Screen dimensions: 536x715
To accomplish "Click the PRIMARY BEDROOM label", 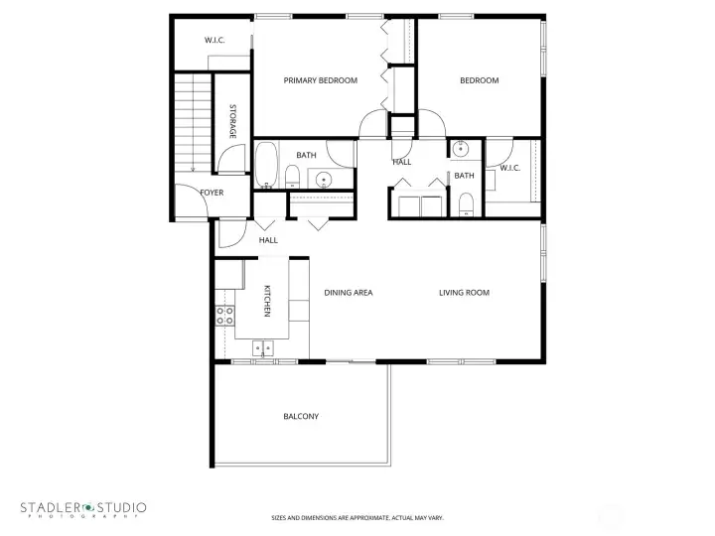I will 320,80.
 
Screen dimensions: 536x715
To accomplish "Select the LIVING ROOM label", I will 465,292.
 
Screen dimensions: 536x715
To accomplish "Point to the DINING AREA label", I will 349,292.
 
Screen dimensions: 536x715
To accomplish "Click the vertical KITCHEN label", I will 266,301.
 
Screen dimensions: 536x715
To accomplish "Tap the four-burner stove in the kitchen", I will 225,316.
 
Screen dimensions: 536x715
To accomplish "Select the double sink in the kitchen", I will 264,347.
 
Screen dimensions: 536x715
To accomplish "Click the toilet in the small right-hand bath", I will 467,204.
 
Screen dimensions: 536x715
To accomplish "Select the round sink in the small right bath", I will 461,151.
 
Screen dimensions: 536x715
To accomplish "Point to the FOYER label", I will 212,193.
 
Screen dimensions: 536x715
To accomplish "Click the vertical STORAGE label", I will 232,120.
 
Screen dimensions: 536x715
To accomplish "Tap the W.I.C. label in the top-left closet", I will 214,40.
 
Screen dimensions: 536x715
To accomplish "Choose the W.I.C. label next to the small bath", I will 510,168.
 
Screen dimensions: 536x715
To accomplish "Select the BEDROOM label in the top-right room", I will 479,80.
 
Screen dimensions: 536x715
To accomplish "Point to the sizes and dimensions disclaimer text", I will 357,517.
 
